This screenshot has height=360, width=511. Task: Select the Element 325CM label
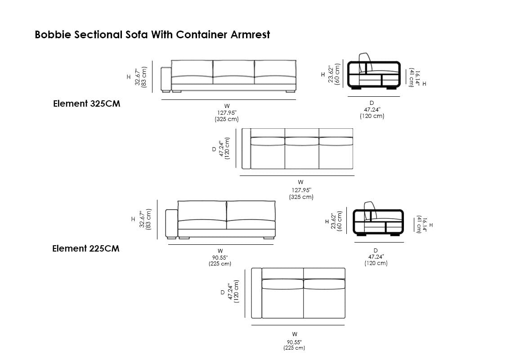[x=87, y=104]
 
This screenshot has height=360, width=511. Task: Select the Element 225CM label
[x=86, y=248]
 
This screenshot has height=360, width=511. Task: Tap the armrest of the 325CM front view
[x=166, y=79]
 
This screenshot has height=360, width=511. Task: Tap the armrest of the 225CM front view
[x=171, y=223]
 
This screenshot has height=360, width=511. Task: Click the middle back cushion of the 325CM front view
[x=233, y=70]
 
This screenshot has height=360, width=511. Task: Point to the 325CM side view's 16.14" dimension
[x=417, y=77]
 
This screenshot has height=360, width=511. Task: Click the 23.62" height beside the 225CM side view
[x=333, y=221]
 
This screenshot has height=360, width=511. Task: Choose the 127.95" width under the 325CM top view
[x=301, y=190]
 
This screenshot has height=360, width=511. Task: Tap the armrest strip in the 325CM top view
[x=246, y=148]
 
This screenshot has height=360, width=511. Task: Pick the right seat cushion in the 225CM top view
[x=324, y=284]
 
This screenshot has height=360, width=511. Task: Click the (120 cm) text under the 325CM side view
[x=372, y=116]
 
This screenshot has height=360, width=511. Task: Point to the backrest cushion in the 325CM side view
[x=365, y=63]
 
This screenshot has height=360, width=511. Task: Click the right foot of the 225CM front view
[x=269, y=238]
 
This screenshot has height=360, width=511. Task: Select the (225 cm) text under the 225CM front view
[x=220, y=264]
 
